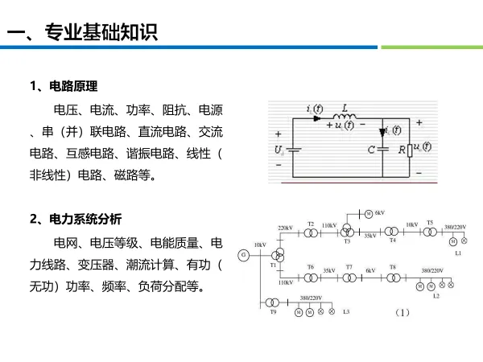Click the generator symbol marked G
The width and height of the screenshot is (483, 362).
242,255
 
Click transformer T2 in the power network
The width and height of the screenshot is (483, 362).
311,233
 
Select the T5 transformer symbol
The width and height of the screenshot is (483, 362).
429,232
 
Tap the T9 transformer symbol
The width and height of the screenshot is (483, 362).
273,302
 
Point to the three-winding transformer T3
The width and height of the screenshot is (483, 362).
347,231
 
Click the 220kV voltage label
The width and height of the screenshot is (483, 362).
285,228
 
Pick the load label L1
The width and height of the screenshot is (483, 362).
457,253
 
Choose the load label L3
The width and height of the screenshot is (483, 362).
346,311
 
